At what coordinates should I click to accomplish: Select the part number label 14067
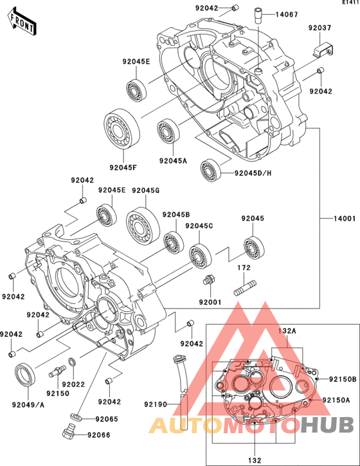tap(286, 14)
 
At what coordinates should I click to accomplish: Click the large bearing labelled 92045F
tap(122, 128)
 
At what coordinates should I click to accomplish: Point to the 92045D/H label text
tap(253, 173)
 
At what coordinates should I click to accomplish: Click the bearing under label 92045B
tap(174, 243)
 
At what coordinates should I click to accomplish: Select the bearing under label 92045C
tap(201, 256)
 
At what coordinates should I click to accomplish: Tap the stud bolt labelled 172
tap(246, 288)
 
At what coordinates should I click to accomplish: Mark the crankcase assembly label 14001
tap(344, 219)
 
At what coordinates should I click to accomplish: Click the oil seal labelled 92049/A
tap(25, 374)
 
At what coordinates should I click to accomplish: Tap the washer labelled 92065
tap(75, 417)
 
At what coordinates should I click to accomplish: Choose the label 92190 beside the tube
tap(156, 404)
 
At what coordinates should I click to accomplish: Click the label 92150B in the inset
tap(343, 379)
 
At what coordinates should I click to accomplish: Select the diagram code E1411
tap(350, 2)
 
